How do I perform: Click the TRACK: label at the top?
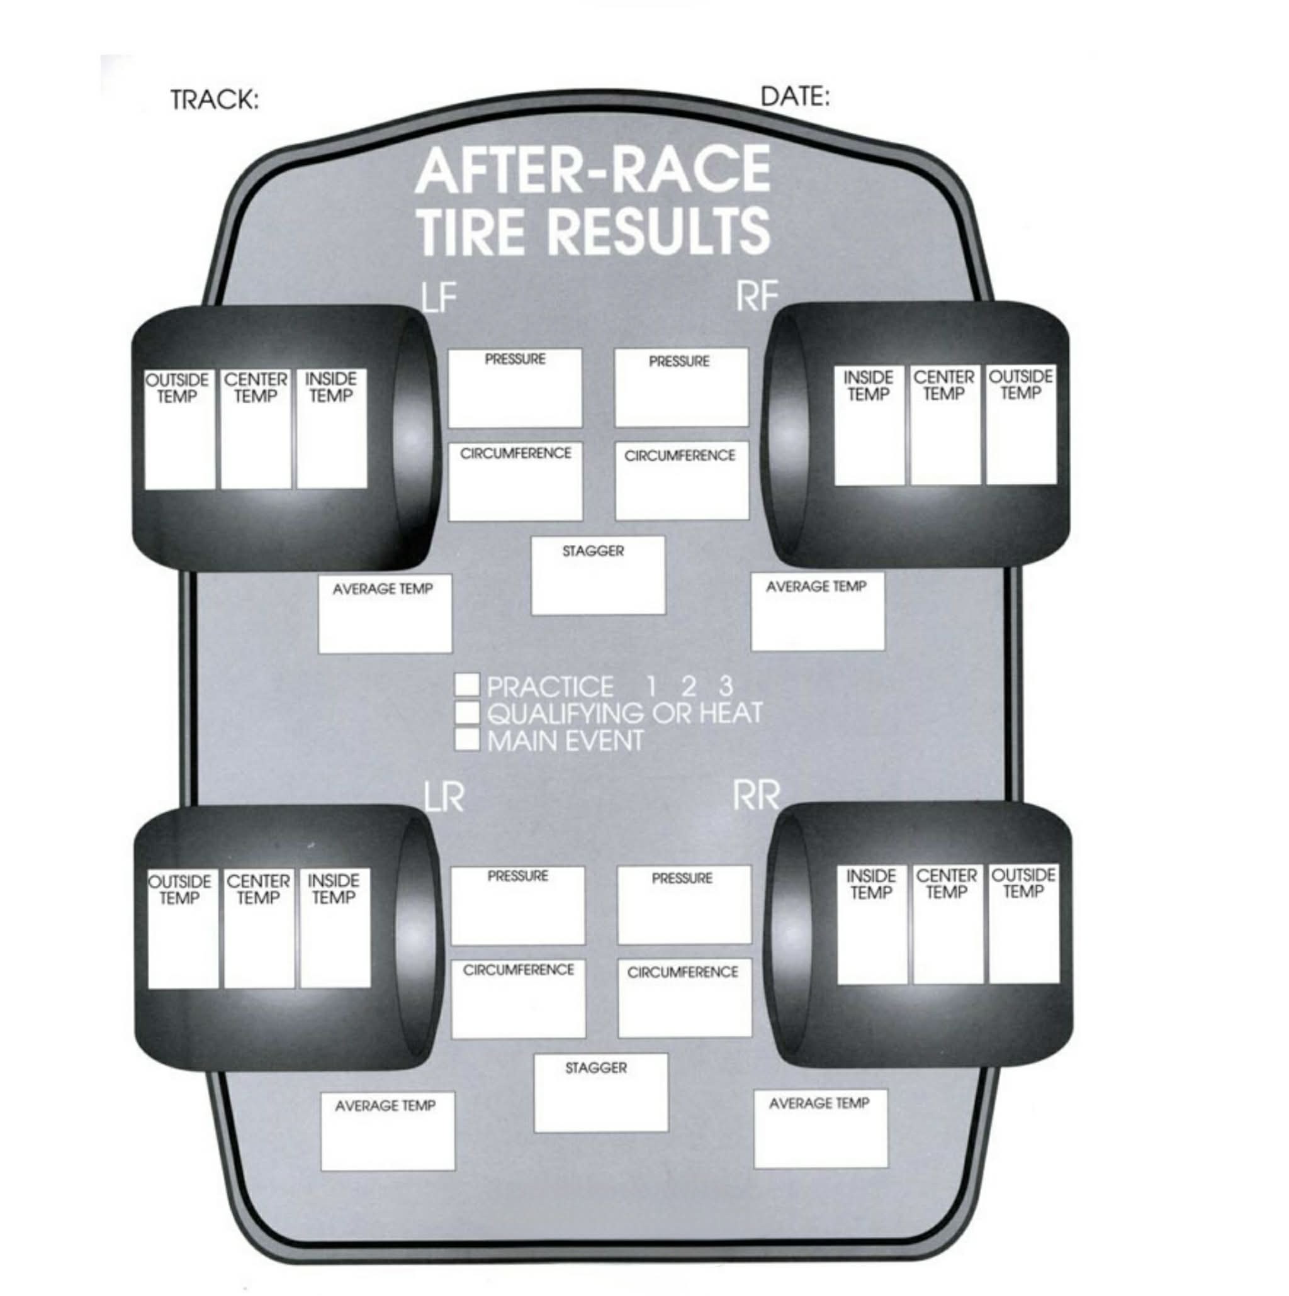215,100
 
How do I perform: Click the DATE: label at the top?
795,97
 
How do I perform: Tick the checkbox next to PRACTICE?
467,685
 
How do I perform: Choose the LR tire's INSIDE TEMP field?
335,929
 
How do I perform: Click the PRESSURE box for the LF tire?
515,388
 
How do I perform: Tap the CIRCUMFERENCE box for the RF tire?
682,480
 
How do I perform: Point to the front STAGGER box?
599,575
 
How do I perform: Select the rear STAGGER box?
601,1093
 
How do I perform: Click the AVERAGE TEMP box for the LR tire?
388,1132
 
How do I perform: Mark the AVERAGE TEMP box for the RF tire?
818,611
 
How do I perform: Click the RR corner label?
757,796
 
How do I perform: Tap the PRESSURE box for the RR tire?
684,905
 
